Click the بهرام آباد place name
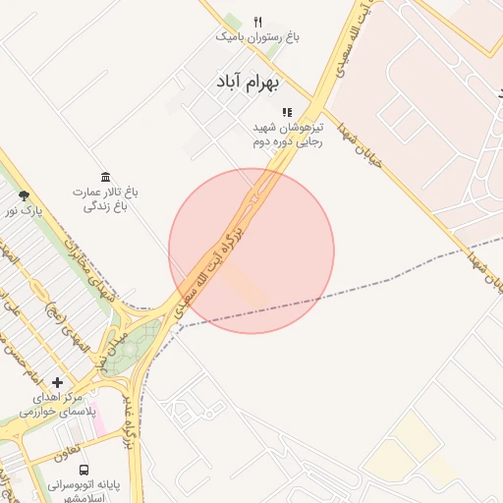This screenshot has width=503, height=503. coord(246,82)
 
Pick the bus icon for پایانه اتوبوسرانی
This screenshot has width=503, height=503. coord(84,470)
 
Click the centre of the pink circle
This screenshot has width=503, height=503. coord(251,251)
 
